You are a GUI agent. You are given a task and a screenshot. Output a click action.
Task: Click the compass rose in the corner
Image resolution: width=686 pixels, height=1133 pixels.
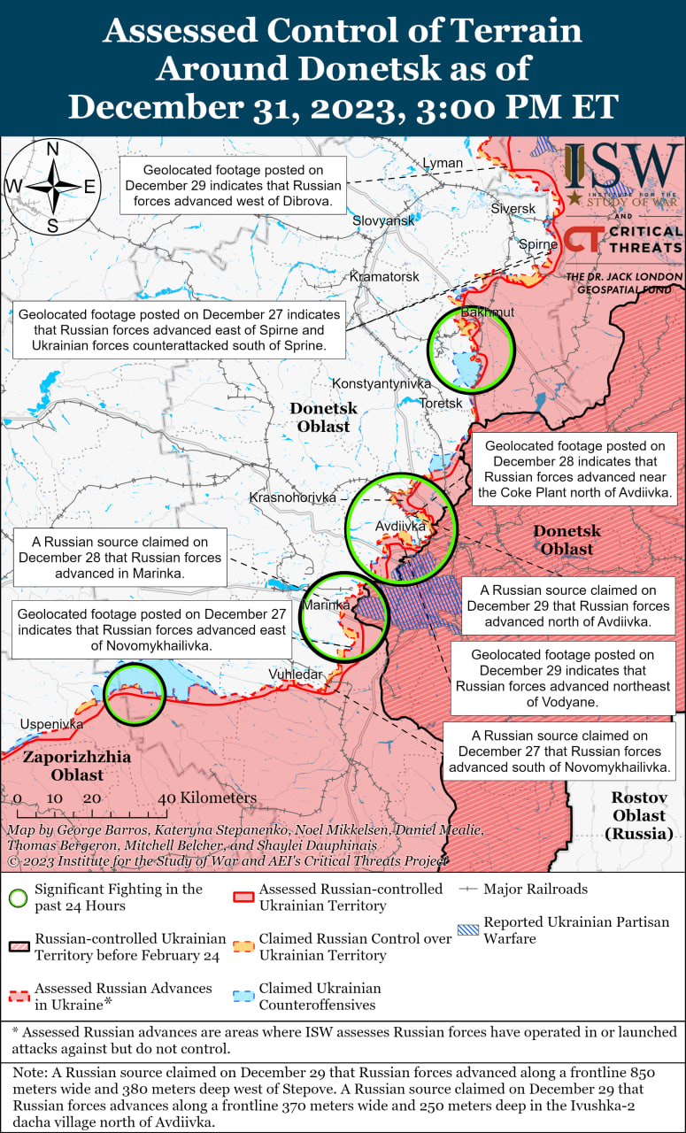click(52, 187)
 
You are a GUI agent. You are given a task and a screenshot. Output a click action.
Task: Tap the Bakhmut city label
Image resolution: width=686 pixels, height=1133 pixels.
click(488, 312)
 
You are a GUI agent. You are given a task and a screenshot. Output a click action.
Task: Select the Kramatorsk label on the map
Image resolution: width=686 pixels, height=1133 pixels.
click(384, 277)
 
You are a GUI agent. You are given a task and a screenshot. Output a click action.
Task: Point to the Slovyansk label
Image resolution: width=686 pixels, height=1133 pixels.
click(383, 220)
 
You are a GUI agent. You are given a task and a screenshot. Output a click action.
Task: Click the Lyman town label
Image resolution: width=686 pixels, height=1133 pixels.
click(443, 163)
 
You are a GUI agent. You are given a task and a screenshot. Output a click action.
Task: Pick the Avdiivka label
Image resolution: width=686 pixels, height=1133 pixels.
click(401, 526)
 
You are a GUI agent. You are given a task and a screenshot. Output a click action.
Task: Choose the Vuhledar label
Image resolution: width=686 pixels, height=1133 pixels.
click(295, 674)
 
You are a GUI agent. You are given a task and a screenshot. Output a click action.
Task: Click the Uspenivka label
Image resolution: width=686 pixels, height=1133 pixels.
click(52, 725)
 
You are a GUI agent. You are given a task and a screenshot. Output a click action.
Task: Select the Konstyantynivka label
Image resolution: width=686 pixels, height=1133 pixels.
click(382, 383)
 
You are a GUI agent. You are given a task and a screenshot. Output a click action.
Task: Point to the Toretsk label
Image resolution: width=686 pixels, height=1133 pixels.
click(441, 404)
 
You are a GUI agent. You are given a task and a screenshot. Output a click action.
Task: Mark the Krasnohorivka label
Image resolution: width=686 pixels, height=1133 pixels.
click(293, 497)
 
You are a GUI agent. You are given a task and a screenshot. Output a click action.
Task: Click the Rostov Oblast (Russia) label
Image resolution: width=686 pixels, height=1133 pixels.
click(639, 815)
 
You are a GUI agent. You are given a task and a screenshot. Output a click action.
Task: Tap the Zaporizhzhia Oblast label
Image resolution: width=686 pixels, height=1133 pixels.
click(77, 766)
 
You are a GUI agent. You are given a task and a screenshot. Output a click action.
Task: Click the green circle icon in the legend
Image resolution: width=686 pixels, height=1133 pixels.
click(17, 897)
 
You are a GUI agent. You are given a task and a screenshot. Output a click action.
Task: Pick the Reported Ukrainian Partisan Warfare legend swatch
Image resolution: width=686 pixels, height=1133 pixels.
click(468, 929)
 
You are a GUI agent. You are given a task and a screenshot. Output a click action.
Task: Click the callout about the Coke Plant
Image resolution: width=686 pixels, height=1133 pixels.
click(574, 469)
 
